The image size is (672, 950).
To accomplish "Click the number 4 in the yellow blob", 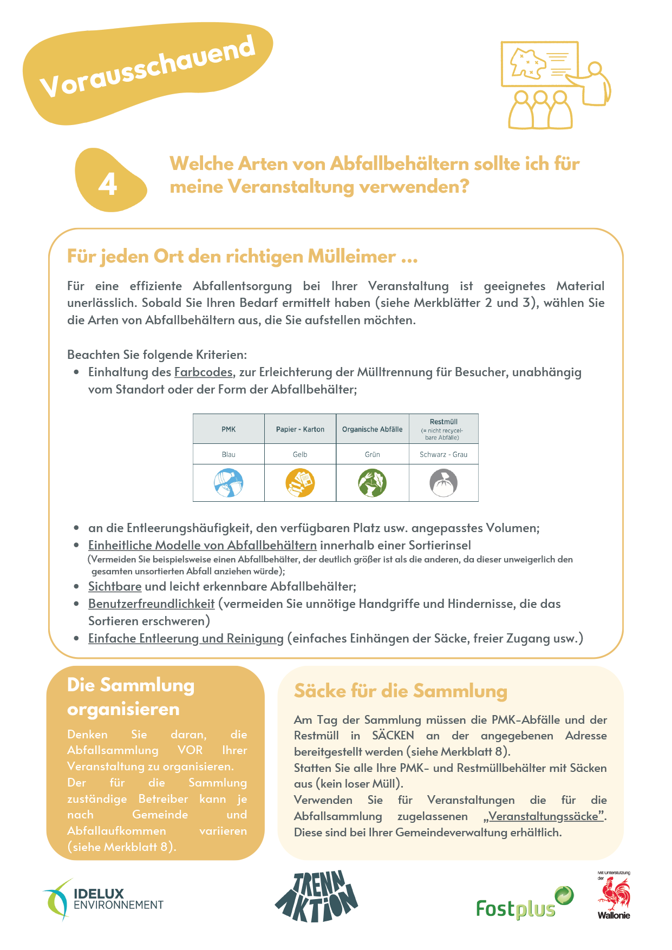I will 108,184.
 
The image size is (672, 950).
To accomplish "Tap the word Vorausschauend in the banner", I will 147,67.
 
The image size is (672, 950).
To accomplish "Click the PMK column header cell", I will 229,429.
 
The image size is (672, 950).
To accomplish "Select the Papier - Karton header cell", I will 300,429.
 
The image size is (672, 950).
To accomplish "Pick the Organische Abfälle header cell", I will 372,429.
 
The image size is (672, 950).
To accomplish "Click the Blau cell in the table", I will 229,455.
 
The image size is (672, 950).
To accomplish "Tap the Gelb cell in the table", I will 300,455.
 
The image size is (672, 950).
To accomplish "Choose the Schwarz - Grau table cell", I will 443,455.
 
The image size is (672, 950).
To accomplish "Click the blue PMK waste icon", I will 229,483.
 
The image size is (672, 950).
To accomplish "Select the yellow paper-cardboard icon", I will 300,483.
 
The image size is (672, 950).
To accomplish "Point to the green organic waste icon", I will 372,483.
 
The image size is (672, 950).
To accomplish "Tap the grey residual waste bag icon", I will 443,483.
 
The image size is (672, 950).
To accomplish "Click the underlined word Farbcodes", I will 204,372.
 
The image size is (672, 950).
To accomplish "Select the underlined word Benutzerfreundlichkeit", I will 152,604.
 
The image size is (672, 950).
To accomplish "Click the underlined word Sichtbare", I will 115,587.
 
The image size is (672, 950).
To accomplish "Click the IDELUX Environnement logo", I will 103,900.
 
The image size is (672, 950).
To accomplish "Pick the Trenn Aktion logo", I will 317,896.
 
